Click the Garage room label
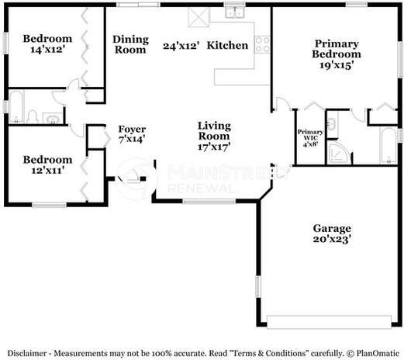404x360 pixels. (332, 228)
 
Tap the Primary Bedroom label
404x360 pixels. (337, 49)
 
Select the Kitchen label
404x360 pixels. (228, 45)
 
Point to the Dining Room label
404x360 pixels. (130, 44)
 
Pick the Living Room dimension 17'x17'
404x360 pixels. (214, 146)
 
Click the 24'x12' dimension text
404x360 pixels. (181, 46)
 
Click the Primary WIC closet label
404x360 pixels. (310, 137)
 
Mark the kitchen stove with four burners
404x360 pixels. (262, 43)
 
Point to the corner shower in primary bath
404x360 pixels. (338, 151)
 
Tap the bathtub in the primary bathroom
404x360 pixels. (387, 146)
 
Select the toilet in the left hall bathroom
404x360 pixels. (33, 116)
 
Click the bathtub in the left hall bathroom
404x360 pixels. (14, 107)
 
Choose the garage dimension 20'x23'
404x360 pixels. (332, 241)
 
